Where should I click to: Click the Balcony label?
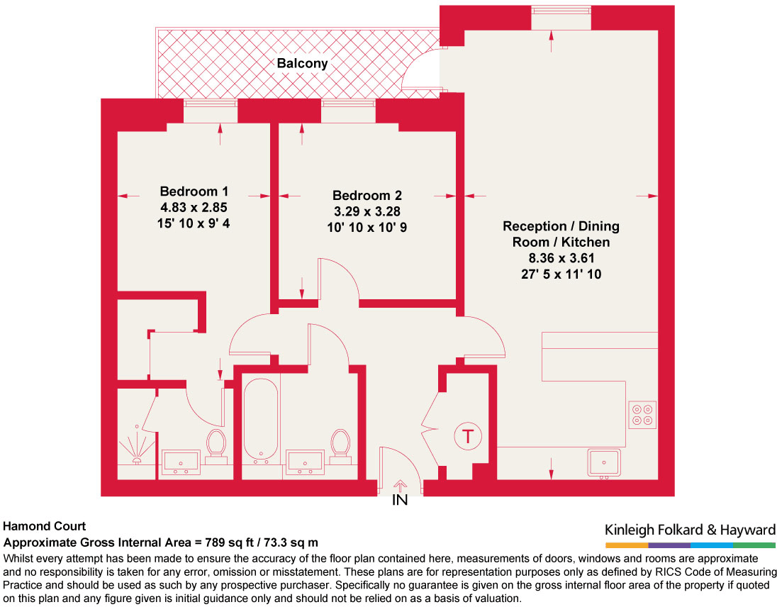click(x=302, y=63)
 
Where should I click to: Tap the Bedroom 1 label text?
click(x=194, y=191)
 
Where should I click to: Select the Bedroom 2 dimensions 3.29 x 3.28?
click(x=367, y=211)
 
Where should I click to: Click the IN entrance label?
click(x=400, y=501)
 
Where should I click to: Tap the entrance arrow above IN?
click(x=400, y=486)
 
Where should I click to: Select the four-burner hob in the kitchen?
click(x=643, y=414)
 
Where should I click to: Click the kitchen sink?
click(x=604, y=462)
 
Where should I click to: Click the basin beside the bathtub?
click(x=305, y=462)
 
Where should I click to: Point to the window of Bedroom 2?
click(x=348, y=104)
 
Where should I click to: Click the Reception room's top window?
click(x=561, y=10)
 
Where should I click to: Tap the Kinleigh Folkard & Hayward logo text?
click(x=690, y=530)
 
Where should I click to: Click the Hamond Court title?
click(x=44, y=526)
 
